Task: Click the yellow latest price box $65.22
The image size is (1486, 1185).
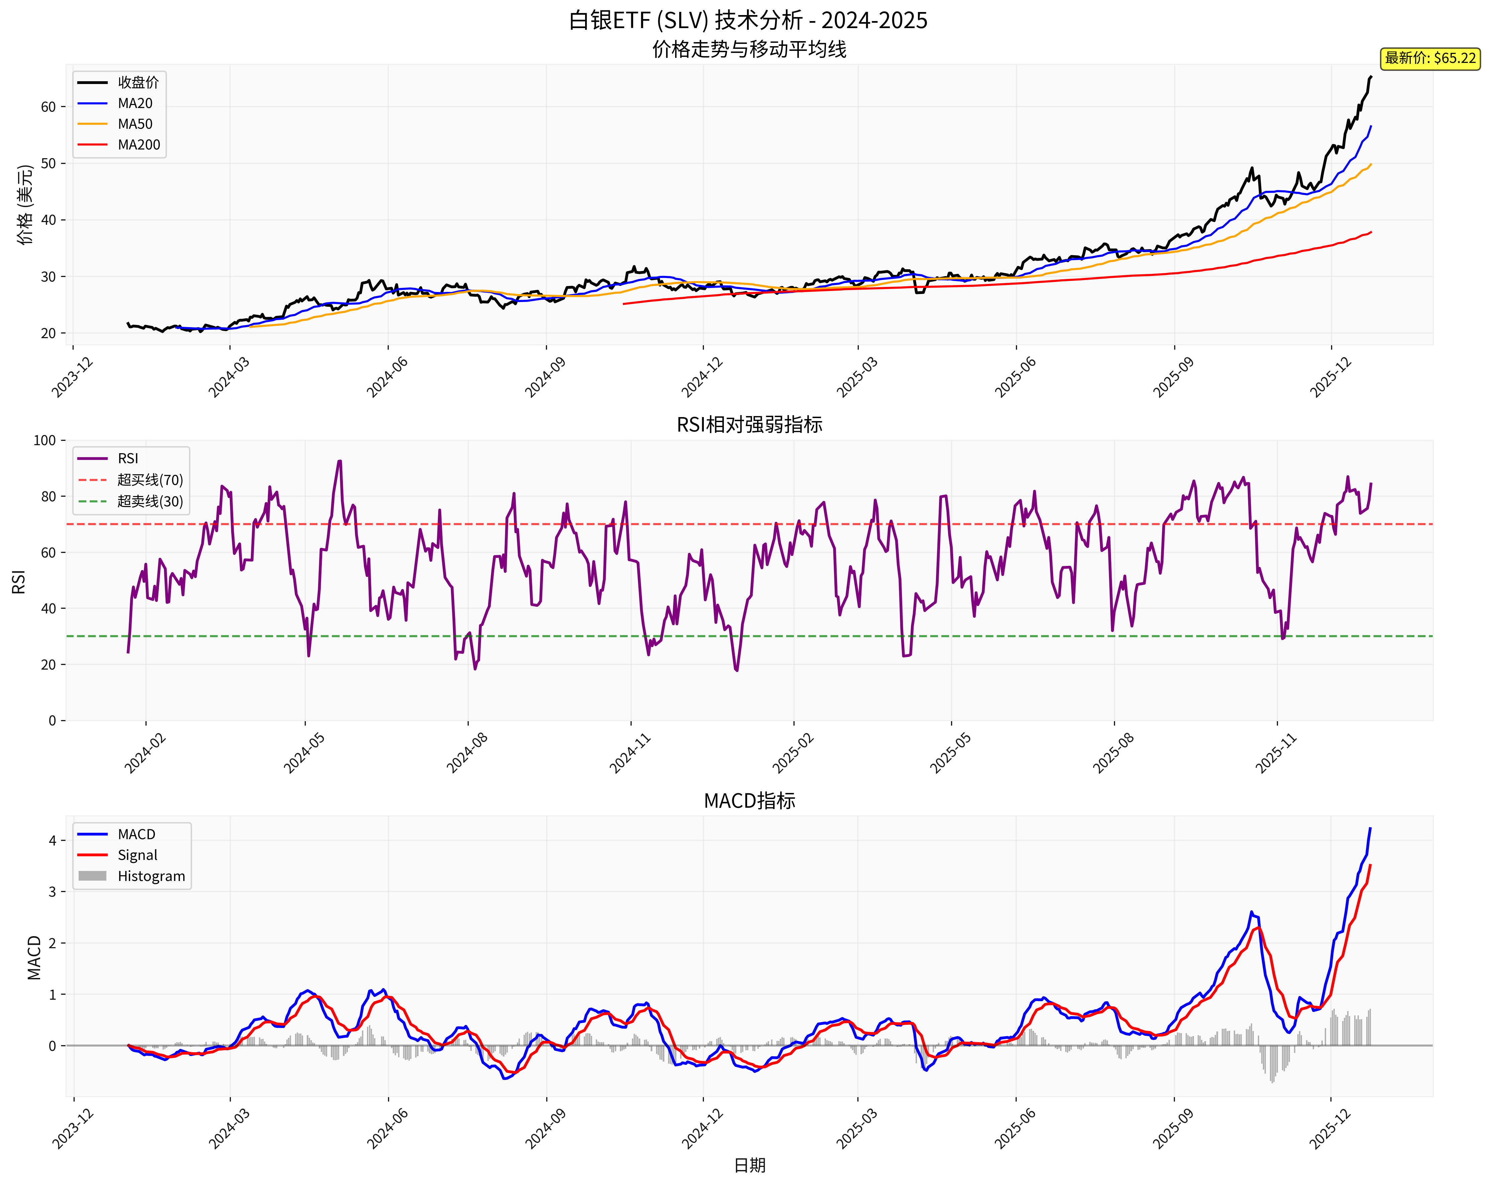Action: point(1429,58)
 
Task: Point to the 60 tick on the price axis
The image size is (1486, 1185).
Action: point(48,107)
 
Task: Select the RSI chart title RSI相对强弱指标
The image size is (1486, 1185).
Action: point(749,424)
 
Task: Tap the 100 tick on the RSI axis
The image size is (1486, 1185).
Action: point(45,440)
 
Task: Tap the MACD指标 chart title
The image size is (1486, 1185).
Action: point(749,801)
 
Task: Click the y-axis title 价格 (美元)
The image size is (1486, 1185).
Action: point(25,205)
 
